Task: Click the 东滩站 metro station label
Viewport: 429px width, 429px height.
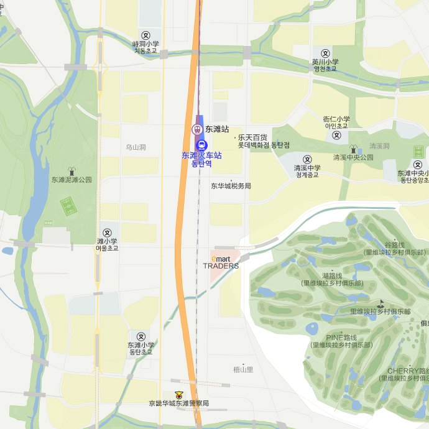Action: click(x=217, y=129)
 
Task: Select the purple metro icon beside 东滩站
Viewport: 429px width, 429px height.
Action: click(x=196, y=129)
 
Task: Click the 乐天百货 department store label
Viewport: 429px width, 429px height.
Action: click(x=252, y=137)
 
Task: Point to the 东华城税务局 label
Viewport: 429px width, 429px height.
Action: click(x=231, y=185)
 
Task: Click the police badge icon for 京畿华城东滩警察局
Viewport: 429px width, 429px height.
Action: click(x=180, y=394)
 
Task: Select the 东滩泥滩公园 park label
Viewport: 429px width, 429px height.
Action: click(x=71, y=179)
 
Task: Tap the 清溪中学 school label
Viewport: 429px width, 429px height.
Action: click(x=307, y=167)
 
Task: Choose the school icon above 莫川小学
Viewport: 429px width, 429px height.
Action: click(x=325, y=53)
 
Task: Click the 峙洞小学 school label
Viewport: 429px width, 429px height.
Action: click(x=145, y=44)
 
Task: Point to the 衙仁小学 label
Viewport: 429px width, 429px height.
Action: click(x=336, y=119)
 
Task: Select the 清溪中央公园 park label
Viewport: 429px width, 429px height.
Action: click(x=353, y=157)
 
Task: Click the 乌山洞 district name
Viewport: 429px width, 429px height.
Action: click(x=136, y=147)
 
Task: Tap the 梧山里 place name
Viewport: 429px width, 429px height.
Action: click(x=243, y=369)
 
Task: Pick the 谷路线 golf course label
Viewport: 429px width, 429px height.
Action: click(x=395, y=245)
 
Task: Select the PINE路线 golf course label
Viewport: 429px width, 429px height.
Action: click(x=341, y=338)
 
